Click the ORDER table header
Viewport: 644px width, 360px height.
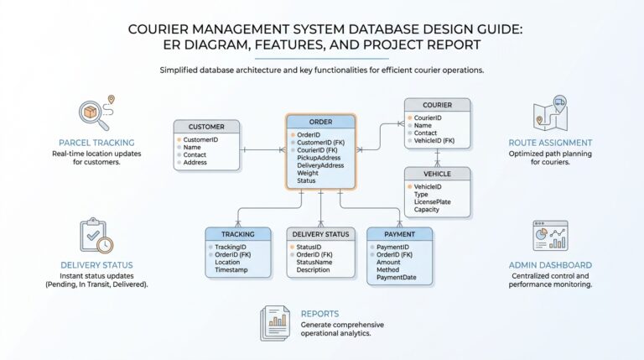(x=319, y=121)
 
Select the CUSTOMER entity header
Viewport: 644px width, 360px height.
(x=206, y=127)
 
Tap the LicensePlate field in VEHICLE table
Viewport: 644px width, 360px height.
(x=432, y=202)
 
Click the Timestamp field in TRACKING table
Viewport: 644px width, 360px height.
(x=232, y=270)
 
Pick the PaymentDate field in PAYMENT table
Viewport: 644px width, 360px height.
(x=396, y=278)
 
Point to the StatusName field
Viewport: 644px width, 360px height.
(x=314, y=262)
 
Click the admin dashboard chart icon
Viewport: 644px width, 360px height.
(x=550, y=236)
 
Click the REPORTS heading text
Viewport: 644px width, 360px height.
(x=319, y=314)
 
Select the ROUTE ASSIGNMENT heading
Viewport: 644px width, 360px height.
(x=550, y=143)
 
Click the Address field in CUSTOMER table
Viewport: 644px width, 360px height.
(x=195, y=163)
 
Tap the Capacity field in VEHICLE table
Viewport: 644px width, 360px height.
(x=428, y=211)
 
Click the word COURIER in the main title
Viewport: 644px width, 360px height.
(x=164, y=29)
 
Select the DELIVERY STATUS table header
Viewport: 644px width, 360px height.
(x=319, y=234)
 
